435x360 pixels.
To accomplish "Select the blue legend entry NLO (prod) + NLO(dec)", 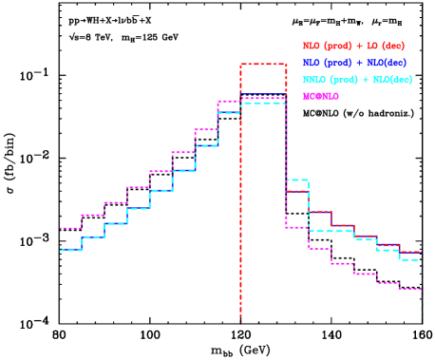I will (x=354, y=63).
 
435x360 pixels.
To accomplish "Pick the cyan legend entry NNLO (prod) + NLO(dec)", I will (x=357, y=80).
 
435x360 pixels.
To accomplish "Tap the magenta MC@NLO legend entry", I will (x=320, y=96).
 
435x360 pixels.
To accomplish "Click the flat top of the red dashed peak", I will (x=263, y=64).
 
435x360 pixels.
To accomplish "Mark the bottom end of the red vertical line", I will (x=240, y=319).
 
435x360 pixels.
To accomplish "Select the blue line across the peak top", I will (x=263, y=93).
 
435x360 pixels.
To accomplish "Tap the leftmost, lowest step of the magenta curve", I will (x=70, y=228).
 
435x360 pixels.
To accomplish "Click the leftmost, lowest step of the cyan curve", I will (x=70, y=250).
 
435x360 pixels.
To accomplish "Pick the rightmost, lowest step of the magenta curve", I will (x=410, y=288).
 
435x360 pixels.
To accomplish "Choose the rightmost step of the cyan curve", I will (x=410, y=259).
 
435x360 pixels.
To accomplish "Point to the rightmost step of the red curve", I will (x=410, y=252).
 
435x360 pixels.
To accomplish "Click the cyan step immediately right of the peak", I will (x=297, y=180).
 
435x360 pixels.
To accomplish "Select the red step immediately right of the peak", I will (x=297, y=191).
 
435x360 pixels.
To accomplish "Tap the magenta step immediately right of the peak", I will (x=297, y=227).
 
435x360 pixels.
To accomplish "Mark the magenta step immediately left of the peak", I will (x=229, y=101).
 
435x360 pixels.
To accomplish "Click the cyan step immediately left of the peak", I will (x=229, y=112).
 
